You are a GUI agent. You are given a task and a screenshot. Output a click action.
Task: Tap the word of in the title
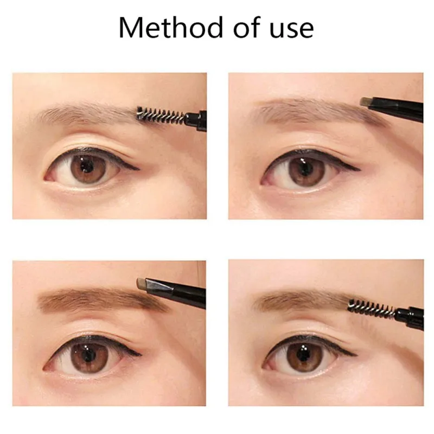(244, 27)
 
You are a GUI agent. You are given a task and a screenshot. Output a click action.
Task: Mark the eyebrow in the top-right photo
(309, 111)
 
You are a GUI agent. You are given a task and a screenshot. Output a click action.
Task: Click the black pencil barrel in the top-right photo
(399, 107)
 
